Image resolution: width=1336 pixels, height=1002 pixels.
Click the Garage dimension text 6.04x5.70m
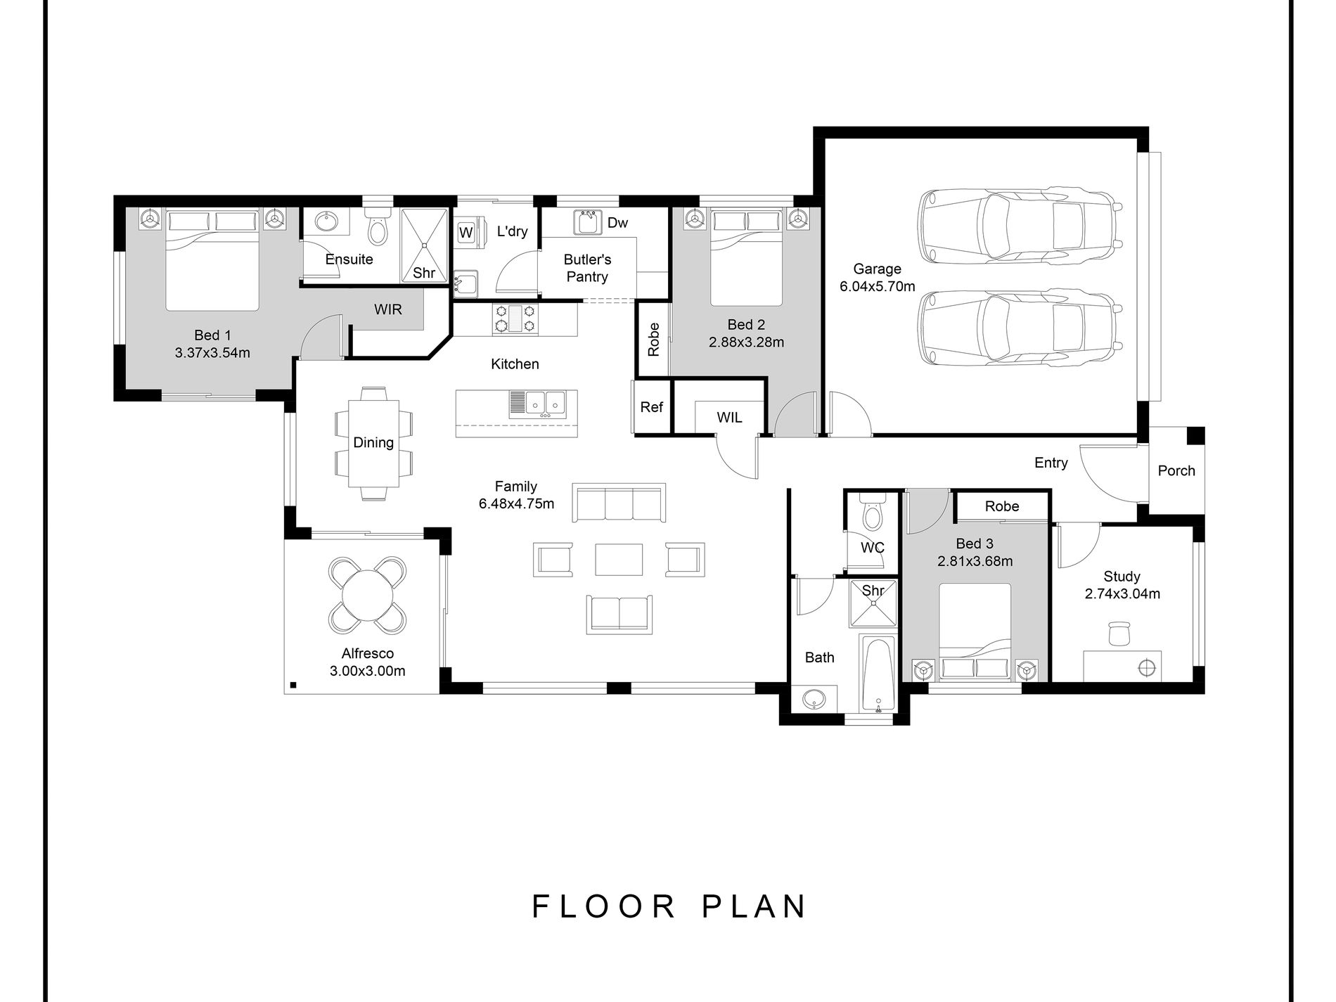(x=877, y=286)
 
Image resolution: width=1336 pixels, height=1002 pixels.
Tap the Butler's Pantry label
(x=587, y=268)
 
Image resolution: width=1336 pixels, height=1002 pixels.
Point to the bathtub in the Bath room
(x=878, y=674)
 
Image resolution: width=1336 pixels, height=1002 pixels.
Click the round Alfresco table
(x=367, y=595)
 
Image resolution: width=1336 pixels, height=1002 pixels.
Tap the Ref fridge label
(x=651, y=407)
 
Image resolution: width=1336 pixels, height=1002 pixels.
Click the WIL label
(x=729, y=418)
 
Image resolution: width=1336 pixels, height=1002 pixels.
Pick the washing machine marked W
(x=465, y=232)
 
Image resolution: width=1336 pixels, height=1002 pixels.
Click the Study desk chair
(x=1118, y=633)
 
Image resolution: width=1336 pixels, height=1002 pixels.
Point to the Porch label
(x=1176, y=470)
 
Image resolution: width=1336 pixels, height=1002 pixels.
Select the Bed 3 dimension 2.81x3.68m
(x=975, y=561)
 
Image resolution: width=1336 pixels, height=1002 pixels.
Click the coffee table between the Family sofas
(x=619, y=560)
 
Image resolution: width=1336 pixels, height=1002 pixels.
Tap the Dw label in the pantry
(x=617, y=223)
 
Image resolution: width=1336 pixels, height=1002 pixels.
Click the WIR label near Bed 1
(x=387, y=309)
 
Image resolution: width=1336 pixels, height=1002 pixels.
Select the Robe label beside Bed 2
(x=654, y=339)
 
